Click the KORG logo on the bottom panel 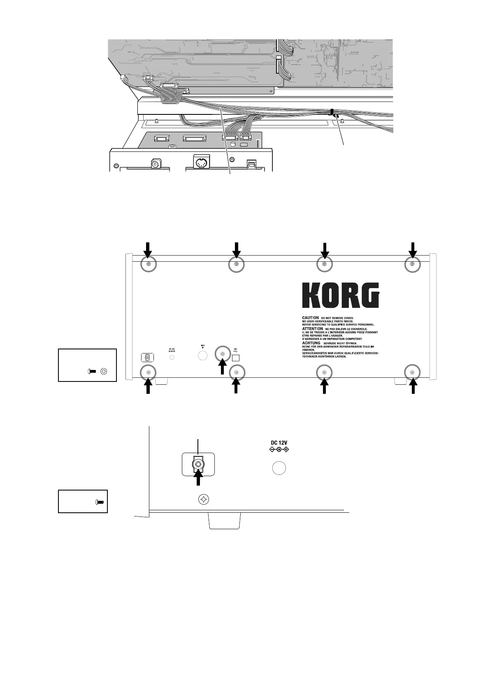coord(341,295)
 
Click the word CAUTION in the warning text coord(311,318)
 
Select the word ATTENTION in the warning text coord(312,329)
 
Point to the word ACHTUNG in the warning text coord(311,343)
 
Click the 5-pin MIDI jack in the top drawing coord(201,163)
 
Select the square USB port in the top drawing coord(251,165)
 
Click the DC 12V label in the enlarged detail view coord(279,443)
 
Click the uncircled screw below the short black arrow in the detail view coord(204,500)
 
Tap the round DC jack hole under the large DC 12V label coord(279,468)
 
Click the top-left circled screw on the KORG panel coord(149,265)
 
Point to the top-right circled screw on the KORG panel coord(413,265)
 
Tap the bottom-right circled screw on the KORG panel coord(413,372)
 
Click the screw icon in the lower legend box coord(99,502)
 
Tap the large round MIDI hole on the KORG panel coord(202,355)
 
